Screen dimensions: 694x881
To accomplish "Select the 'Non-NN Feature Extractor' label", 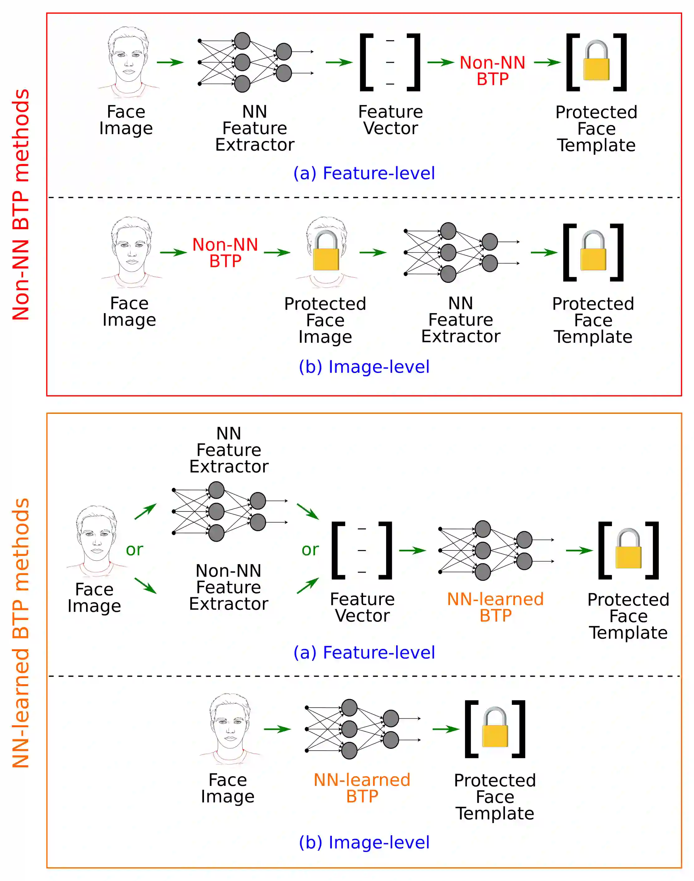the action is pos(229,587).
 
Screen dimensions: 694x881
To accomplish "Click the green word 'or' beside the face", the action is pos(134,549).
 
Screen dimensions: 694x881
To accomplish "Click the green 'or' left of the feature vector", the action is pos(310,549).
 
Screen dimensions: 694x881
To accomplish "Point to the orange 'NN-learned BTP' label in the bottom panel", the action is pos(362,788).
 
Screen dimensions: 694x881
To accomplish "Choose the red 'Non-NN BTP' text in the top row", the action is pos(493,71).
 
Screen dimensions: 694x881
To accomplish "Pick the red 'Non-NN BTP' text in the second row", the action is pos(225,253).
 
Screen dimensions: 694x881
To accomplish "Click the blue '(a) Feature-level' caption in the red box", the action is pos(364,173).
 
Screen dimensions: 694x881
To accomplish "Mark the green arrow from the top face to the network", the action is pos(170,62).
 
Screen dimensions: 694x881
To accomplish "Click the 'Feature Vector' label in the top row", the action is pos(391,120).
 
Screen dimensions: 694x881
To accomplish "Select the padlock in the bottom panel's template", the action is pos(495,728).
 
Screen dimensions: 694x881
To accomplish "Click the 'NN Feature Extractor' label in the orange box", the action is pos(229,450).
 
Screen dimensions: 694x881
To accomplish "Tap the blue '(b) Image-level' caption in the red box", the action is pos(364,367).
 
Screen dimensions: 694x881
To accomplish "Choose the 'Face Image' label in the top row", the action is pos(126,120).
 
